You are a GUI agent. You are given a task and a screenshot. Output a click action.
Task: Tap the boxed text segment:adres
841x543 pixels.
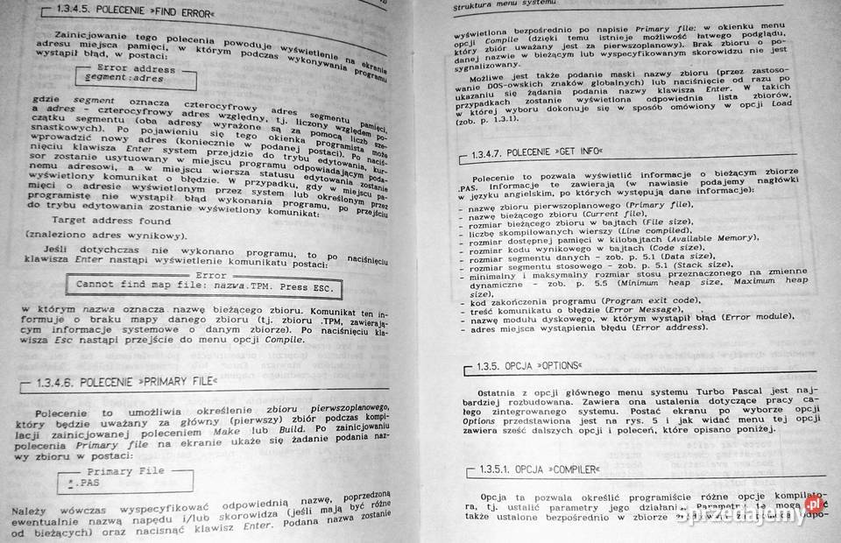click(124, 79)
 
